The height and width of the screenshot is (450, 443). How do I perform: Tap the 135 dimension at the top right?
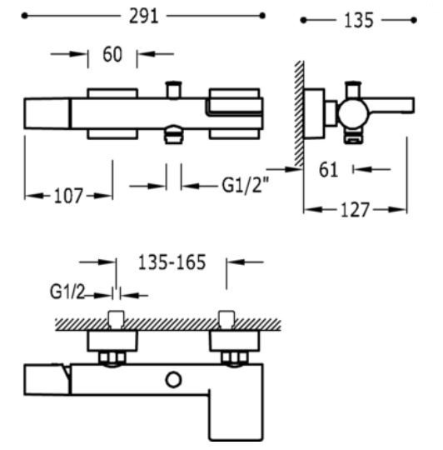tap(358, 19)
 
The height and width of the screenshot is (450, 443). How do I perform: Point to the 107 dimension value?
tap(68, 196)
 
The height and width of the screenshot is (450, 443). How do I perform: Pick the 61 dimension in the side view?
tap(330, 169)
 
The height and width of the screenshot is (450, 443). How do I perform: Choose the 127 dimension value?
tap(356, 210)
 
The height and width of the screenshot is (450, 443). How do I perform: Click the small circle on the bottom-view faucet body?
tap(173, 380)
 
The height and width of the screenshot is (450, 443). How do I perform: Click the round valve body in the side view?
tap(350, 110)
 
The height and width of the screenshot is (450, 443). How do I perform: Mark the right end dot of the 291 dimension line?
tap(263, 16)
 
